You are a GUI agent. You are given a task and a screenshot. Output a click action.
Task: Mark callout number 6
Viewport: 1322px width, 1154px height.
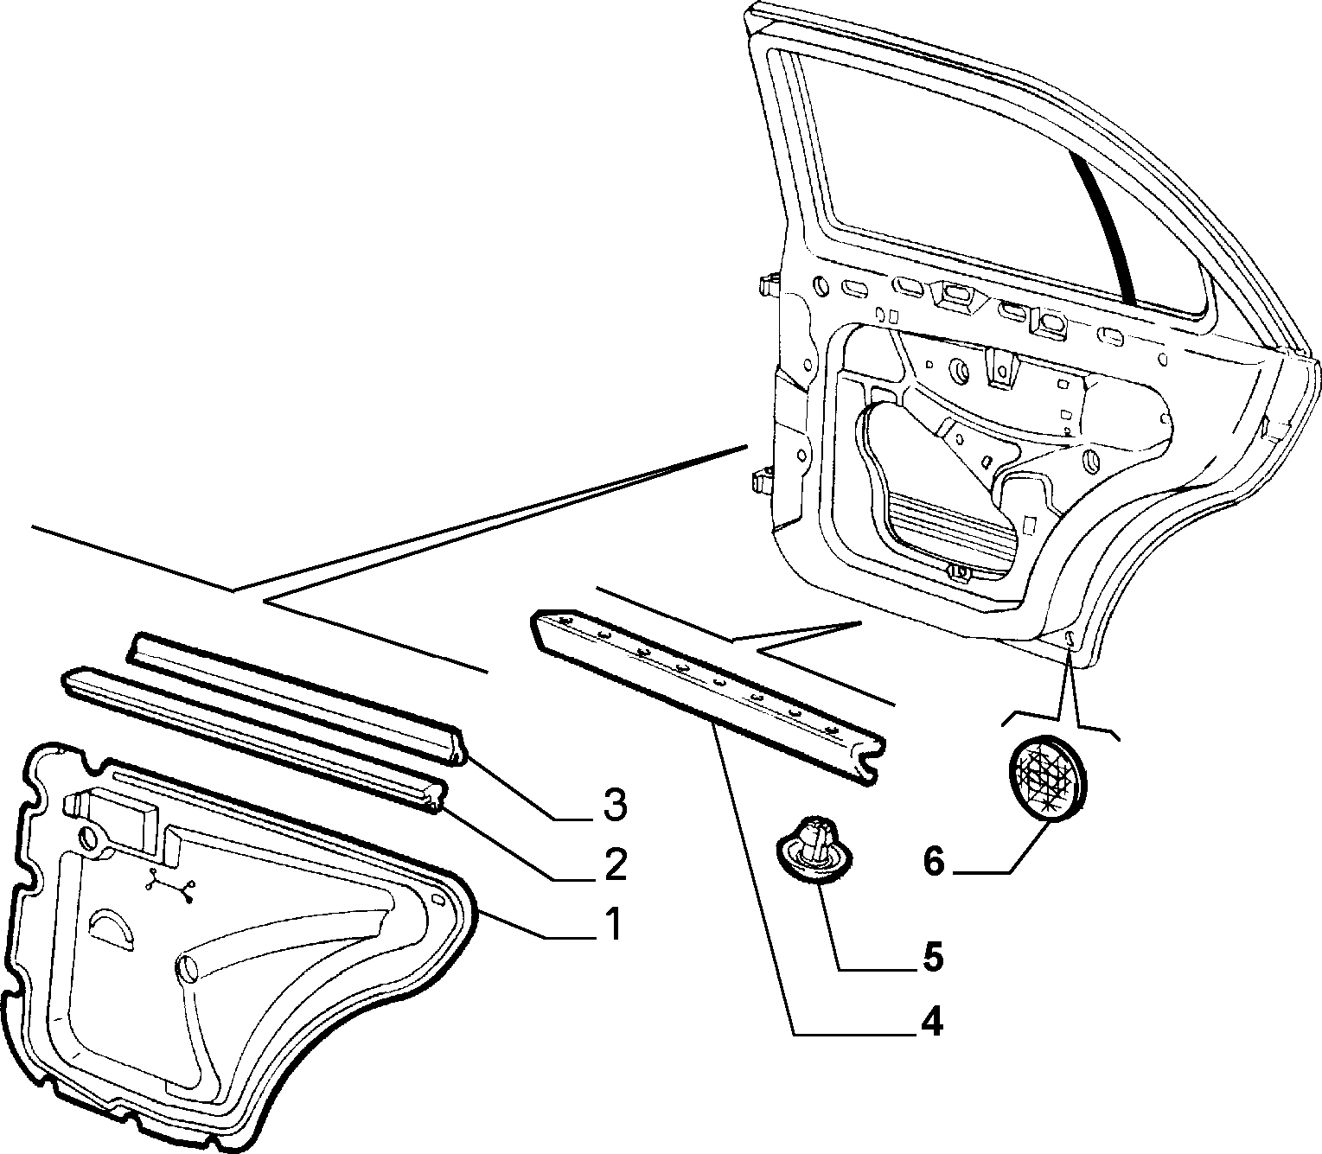pyautogui.click(x=935, y=862)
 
